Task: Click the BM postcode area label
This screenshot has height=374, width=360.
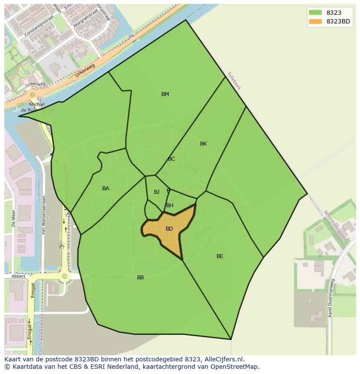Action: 165,94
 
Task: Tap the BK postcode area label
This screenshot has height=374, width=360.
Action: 203,144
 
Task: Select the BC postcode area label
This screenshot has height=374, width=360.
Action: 171,159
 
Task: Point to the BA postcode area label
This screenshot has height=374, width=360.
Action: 106,189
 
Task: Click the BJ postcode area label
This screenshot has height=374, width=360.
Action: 157,192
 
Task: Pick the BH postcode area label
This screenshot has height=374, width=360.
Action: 170,205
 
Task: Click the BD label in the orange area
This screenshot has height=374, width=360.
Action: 170,229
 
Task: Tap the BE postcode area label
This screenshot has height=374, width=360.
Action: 220,256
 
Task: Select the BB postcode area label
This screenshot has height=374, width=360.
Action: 140,278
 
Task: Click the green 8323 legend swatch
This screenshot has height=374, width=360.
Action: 315,13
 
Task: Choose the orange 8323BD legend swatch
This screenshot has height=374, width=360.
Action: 315,21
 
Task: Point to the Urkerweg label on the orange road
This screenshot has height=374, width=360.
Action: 84,71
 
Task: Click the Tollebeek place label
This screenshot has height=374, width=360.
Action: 233,80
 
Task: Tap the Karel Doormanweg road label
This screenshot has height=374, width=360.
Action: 331,298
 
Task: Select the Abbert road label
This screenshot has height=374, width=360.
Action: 19,276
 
